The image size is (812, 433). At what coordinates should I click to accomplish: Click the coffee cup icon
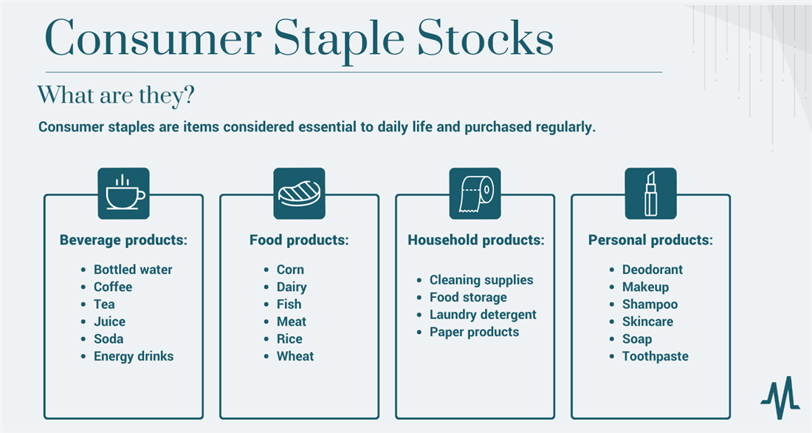pyautogui.click(x=123, y=194)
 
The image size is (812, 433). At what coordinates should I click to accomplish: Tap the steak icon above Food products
pyautogui.click(x=299, y=194)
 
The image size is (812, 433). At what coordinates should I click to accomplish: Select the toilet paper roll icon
pyautogui.click(x=475, y=194)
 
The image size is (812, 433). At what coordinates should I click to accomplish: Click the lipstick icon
pyautogui.click(x=650, y=194)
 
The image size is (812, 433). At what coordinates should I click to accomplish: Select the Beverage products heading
pyautogui.click(x=123, y=240)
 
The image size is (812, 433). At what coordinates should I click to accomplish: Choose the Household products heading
pyautogui.click(x=475, y=240)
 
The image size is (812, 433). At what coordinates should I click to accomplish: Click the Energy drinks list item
pyautogui.click(x=133, y=356)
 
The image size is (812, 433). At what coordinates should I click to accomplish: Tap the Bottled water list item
pyautogui.click(x=132, y=270)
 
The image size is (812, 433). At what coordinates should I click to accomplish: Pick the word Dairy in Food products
pyautogui.click(x=292, y=287)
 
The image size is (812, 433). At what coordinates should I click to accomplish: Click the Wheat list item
pyautogui.click(x=295, y=356)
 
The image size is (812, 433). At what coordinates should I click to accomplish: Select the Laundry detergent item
pyautogui.click(x=483, y=315)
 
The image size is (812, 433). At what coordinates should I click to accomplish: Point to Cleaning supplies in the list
pyautogui.click(x=481, y=280)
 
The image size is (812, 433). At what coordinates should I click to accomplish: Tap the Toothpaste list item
pyautogui.click(x=655, y=356)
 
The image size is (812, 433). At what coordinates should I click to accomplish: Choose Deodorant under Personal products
pyautogui.click(x=652, y=270)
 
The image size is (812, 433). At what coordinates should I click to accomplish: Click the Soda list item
pyautogui.click(x=109, y=339)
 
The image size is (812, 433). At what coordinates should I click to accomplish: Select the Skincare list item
pyautogui.click(x=647, y=321)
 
